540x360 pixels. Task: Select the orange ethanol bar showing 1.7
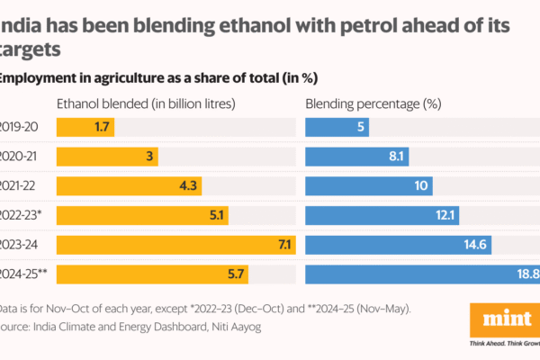(85, 127)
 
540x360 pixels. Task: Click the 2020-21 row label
(25, 157)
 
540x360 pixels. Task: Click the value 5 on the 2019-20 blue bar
(360, 127)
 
